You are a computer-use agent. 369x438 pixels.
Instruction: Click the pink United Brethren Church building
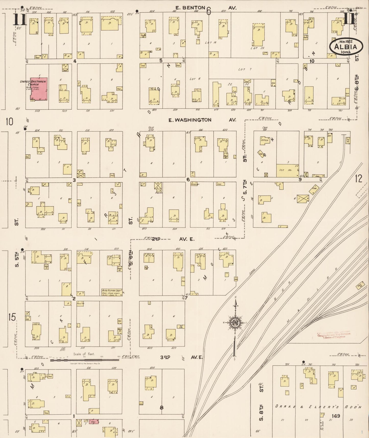(39, 89)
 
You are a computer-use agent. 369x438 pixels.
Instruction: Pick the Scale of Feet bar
(85, 360)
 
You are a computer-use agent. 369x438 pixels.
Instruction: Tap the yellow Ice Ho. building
(288, 170)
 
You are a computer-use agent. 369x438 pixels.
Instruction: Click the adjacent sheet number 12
(359, 179)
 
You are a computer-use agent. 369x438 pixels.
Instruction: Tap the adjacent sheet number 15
(12, 317)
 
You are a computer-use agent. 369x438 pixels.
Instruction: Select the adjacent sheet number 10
(9, 122)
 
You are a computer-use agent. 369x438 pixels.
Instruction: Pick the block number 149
(336, 416)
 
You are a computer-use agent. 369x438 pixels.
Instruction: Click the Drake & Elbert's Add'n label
(318, 407)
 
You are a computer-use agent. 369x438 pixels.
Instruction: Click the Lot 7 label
(242, 69)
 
